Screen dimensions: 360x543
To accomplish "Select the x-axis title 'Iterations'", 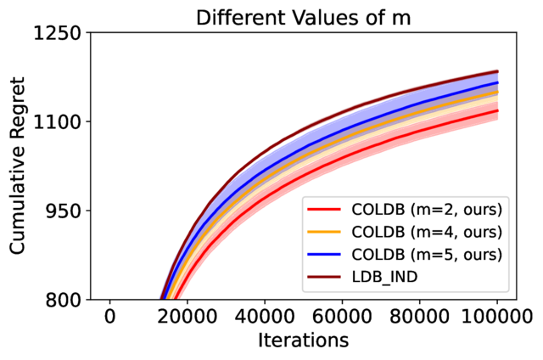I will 303,340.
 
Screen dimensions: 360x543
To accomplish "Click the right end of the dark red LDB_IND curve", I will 496,71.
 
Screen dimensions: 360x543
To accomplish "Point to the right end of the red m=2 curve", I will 496,110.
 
